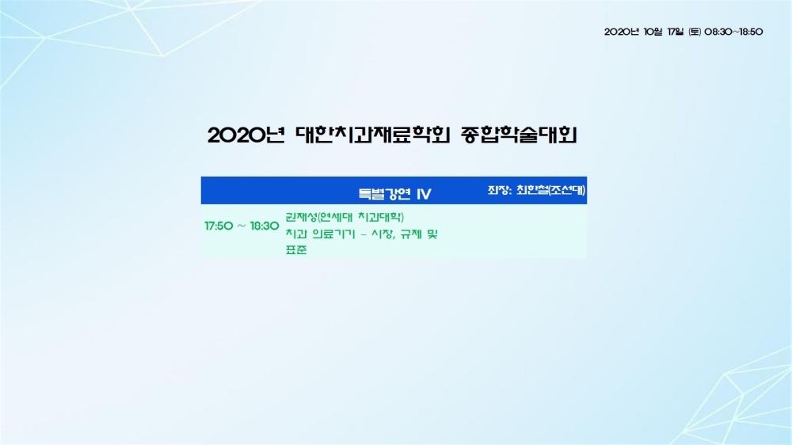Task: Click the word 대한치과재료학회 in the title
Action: pos(373,135)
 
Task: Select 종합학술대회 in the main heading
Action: pos(519,135)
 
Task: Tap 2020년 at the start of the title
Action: pos(246,135)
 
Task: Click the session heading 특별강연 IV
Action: pos(394,194)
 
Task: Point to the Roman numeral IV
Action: pos(424,194)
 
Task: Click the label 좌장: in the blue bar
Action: pos(500,190)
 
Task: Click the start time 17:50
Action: pos(219,226)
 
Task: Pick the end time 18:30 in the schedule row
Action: pos(265,226)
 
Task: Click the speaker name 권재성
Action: pos(301,217)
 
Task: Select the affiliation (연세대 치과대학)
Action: pos(360,217)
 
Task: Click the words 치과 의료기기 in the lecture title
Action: pos(320,234)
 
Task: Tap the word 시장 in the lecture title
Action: pos(383,234)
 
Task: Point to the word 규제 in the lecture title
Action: pos(411,234)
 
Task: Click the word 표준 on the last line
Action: pos(296,250)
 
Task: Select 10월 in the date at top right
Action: pos(653,32)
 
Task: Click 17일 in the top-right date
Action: pos(676,32)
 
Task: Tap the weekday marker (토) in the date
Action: pos(695,32)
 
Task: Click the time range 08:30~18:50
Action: pos(733,32)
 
